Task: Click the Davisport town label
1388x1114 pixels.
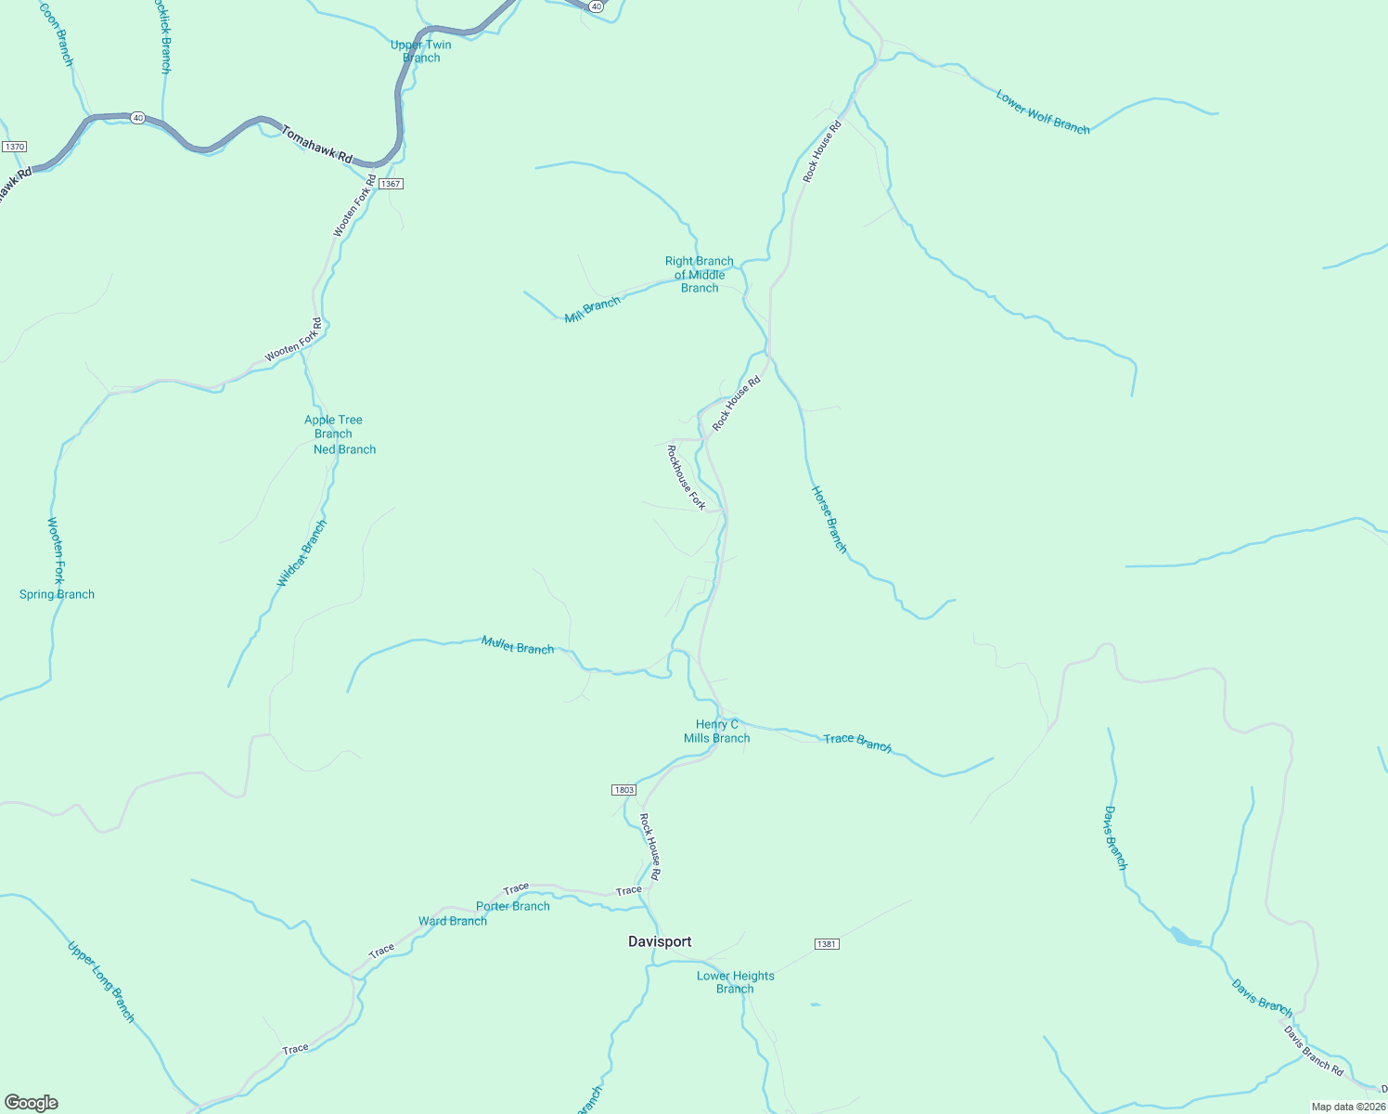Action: [x=660, y=941]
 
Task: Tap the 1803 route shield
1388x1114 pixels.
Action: [x=623, y=790]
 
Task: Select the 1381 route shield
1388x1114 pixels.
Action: [x=827, y=944]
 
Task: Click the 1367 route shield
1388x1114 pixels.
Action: [x=391, y=184]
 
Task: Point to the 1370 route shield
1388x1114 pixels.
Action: [x=14, y=147]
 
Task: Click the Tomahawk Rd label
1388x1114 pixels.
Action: [x=316, y=145]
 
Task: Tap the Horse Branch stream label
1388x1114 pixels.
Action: [x=829, y=519]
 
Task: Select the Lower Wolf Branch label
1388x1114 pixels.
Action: [x=1043, y=111]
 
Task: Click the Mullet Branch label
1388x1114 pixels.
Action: [x=518, y=645]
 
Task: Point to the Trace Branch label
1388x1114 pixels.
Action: [x=857, y=741]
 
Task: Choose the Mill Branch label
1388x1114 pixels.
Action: [x=592, y=310]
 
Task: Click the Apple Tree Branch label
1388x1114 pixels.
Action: [x=333, y=426]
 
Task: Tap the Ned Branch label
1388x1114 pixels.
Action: [x=344, y=449]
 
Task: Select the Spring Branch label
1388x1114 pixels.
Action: [x=57, y=594]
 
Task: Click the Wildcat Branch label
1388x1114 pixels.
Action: [x=302, y=553]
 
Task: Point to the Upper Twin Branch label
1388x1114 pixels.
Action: [x=421, y=51]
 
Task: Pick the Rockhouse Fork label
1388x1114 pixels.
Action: [x=686, y=477]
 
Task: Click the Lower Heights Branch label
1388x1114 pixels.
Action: [x=735, y=982]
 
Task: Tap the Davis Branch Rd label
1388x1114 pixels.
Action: [x=1313, y=1050]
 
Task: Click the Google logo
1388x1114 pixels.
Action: [x=32, y=1103]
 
